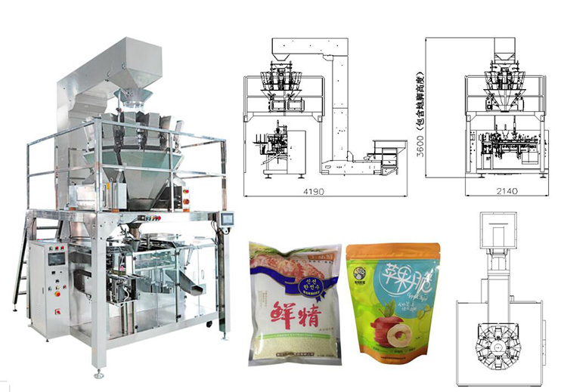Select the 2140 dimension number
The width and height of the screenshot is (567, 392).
507,192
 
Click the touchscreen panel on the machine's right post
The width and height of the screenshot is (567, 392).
225,219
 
